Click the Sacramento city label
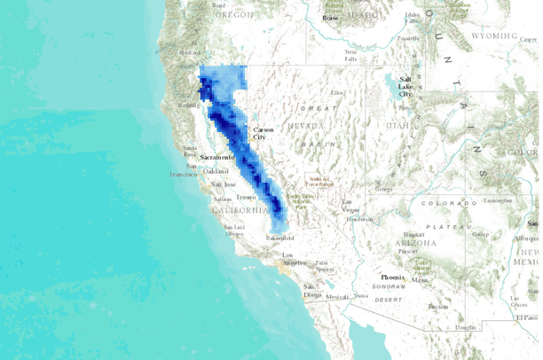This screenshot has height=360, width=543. pos(216,157)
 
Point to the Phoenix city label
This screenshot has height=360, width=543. pos(393,278)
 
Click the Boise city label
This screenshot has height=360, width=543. pos(330,18)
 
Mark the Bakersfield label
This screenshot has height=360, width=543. pos(279,239)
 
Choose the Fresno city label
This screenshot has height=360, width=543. pos(246,196)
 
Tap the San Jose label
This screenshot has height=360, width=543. pos(224,184)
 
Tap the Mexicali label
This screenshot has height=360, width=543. pos(336,297)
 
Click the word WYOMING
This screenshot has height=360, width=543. pos(492,36)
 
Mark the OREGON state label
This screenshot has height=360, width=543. pos(232,15)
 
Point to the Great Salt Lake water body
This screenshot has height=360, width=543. pos(390,84)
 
